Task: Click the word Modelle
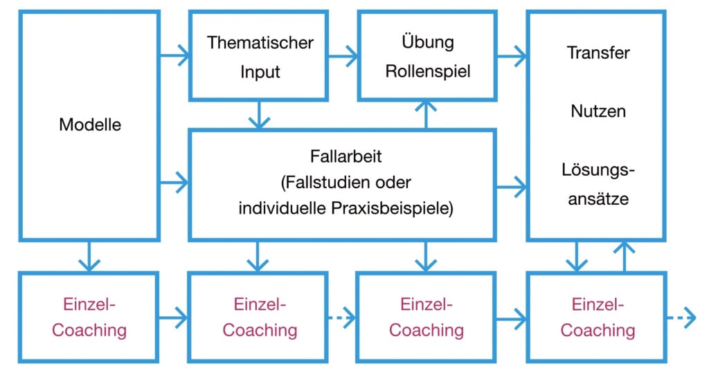pos(90,125)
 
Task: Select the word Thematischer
pos(260,42)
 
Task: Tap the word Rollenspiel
pos(428,71)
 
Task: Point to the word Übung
pos(428,42)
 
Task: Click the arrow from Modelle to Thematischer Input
pos(174,56)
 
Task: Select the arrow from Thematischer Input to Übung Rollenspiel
pos(343,56)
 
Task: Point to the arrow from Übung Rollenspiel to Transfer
pos(512,56)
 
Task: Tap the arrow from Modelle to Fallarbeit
pos(174,183)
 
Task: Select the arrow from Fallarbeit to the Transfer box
pos(512,185)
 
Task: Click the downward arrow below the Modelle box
pos(89,256)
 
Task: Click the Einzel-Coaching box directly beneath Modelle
pos(89,318)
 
